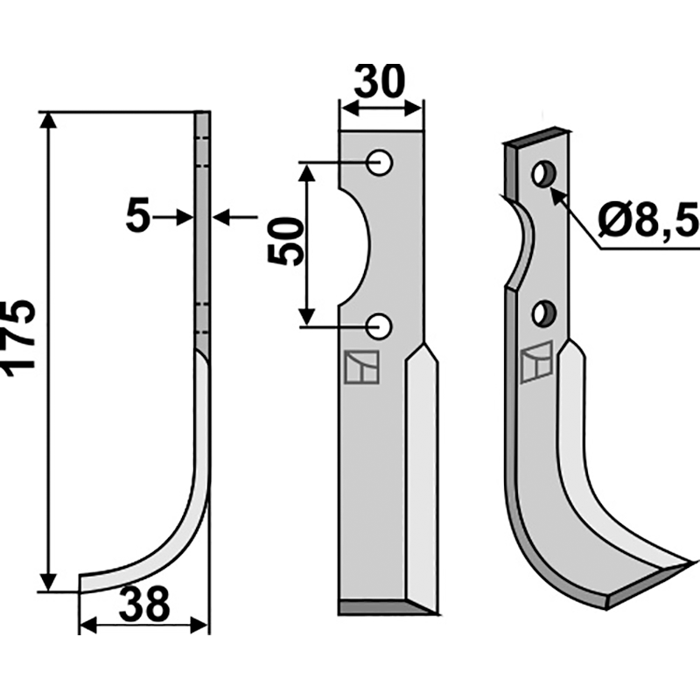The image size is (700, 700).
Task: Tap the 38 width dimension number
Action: tap(144, 604)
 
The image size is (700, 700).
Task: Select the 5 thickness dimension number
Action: tap(138, 218)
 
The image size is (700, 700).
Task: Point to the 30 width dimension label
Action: tap(380, 81)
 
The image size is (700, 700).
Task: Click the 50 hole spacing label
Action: tap(285, 241)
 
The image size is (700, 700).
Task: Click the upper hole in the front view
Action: tap(379, 163)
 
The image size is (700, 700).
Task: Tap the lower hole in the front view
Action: tap(379, 326)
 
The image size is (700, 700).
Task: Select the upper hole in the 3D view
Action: tap(543, 174)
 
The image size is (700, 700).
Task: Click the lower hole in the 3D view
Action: tap(543, 313)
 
